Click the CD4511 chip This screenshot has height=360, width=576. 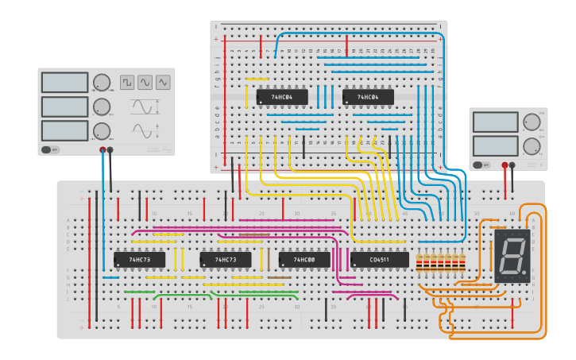click(379, 260)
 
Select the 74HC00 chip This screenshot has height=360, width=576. click(304, 260)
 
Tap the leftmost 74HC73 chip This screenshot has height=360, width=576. click(139, 260)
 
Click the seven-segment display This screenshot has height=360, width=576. click(512, 256)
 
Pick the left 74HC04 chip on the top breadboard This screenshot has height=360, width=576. click(281, 97)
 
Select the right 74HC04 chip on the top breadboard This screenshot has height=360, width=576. click(368, 97)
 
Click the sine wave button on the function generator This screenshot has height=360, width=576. click(145, 82)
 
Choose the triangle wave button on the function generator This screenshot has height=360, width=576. click(163, 82)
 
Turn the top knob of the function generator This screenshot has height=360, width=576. click(102, 82)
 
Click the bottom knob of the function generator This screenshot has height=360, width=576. click(102, 131)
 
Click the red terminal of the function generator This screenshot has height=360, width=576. click(102, 149)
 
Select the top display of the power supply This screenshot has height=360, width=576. click(495, 122)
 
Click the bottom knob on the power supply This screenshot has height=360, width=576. click(531, 146)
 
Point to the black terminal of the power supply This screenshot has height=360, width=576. click(512, 165)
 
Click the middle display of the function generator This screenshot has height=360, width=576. click(64, 106)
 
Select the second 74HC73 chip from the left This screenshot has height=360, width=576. click(225, 260)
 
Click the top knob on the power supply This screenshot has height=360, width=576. click(531, 122)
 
